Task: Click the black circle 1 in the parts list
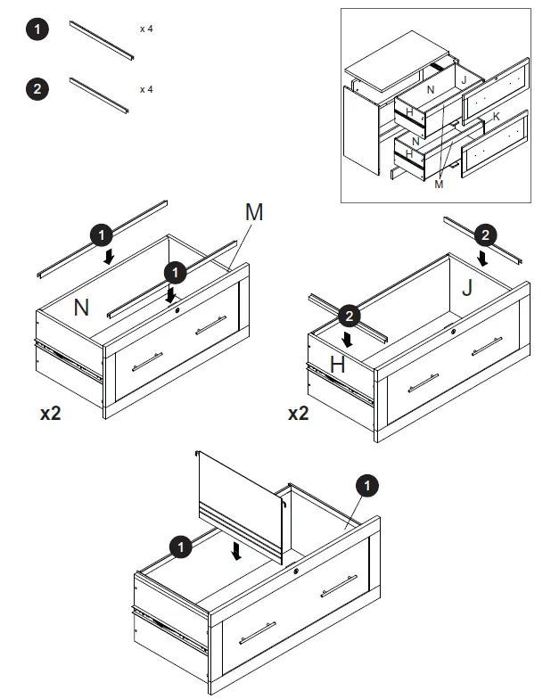tap(37, 29)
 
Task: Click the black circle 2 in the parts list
tap(37, 88)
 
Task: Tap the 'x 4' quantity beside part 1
tap(146, 29)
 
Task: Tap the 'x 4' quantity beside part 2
tap(146, 89)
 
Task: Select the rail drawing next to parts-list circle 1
tap(102, 41)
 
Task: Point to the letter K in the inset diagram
tap(496, 117)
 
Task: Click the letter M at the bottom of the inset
tap(439, 185)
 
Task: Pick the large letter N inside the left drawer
tap(81, 308)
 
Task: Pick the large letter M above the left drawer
tap(254, 212)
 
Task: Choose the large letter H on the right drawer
tap(337, 364)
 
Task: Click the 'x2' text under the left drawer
tap(50, 414)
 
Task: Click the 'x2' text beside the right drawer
tap(299, 414)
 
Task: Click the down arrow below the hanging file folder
tap(235, 552)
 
